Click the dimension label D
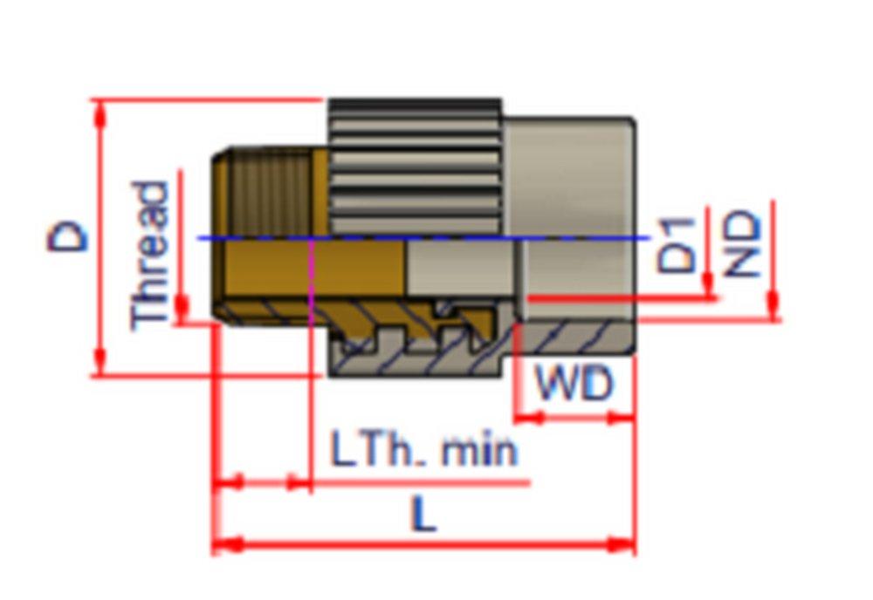pyautogui.click(x=68, y=235)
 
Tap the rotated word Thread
pyautogui.click(x=149, y=255)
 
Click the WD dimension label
pyautogui.click(x=574, y=383)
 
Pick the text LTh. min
pyautogui.click(x=424, y=451)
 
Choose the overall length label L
pyautogui.click(x=423, y=517)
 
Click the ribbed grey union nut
pyautogui.click(x=415, y=166)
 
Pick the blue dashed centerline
pyautogui.click(x=419, y=237)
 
